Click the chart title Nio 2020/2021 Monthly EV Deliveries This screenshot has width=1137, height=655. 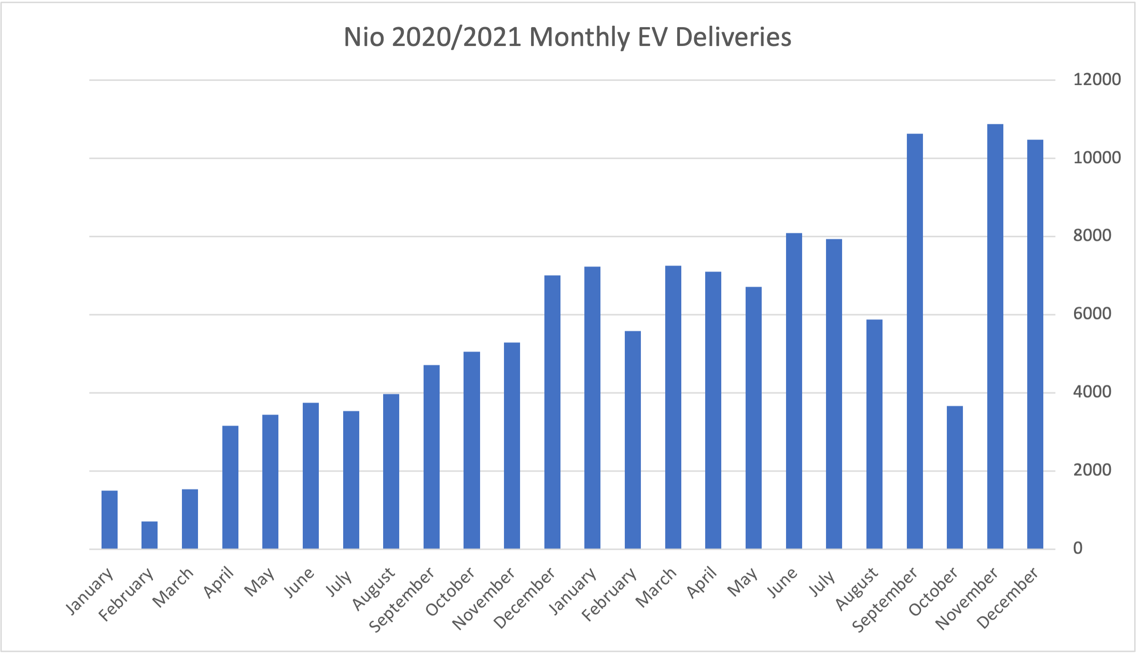(568, 37)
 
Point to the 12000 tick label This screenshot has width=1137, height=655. (1096, 80)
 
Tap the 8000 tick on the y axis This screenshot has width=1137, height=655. (1092, 236)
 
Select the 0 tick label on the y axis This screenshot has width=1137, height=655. (1077, 548)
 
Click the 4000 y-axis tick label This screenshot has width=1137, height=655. (1092, 392)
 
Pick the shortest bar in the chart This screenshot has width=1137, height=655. (149, 535)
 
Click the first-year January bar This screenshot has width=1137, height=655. (109, 520)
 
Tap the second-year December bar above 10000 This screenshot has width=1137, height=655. (1035, 344)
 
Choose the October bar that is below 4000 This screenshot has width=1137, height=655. (955, 478)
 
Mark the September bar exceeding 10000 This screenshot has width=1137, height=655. (915, 341)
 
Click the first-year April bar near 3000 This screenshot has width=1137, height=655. (230, 487)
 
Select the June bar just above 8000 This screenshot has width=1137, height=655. (794, 391)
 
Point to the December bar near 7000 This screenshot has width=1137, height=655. (552, 412)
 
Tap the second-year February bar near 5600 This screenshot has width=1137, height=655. (633, 440)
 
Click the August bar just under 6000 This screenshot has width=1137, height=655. (874, 434)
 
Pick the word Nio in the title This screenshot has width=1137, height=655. (364, 37)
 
